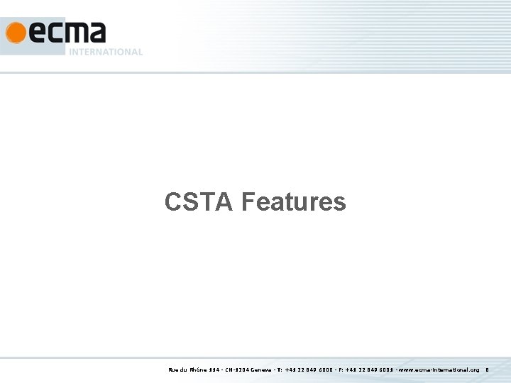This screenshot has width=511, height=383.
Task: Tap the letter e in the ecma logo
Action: pos(35,33)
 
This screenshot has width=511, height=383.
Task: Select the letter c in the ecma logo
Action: pos(55,33)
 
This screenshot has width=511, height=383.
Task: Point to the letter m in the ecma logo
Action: pos(76,33)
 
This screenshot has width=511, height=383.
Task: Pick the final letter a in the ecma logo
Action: pos(97,33)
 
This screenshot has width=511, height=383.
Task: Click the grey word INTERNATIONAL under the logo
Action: pos(106,52)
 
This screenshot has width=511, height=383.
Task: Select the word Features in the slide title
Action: pos(293,202)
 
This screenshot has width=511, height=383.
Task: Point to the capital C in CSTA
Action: pos(172,202)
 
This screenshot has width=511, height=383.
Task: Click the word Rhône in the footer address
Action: pos(198,370)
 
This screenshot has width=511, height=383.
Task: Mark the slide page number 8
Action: pos(488,370)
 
